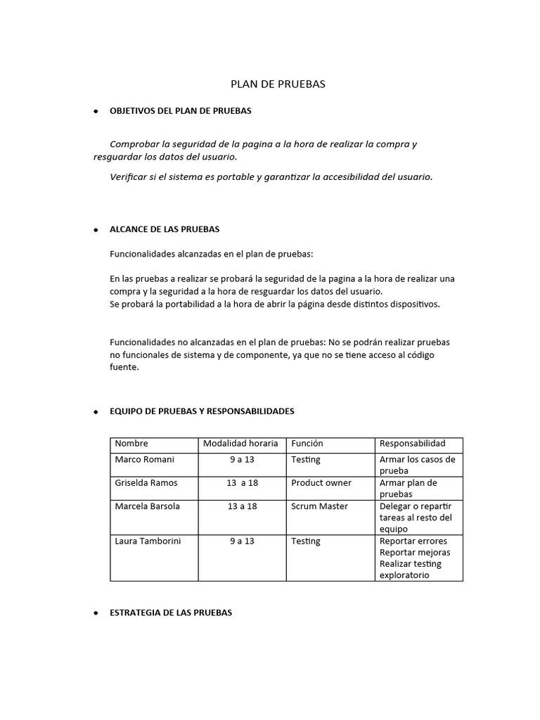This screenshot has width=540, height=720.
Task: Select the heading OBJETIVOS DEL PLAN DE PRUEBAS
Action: pos(181,111)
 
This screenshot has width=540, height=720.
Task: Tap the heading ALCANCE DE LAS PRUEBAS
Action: pos(165,229)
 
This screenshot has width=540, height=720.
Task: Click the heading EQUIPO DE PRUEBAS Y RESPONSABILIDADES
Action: pos(202,411)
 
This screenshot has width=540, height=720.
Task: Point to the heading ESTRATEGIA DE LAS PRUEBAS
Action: pos(171,613)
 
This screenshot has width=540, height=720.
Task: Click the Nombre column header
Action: pos(131,444)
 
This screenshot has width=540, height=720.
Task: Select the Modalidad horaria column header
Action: pos(240,444)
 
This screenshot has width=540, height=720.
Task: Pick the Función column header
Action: pos(307,444)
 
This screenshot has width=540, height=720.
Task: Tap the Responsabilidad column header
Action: pos(412,444)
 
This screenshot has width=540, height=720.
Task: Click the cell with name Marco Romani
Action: pos(144,459)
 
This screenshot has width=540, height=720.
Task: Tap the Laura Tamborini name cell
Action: pos(150,541)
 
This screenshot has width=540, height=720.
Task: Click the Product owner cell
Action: pos(321,483)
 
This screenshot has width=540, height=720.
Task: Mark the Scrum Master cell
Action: pos(319,506)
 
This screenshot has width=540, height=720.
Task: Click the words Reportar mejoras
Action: pos(415,553)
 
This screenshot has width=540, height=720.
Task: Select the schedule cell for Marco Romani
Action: pos(240,459)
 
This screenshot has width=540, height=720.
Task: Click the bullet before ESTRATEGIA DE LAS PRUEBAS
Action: pos(95,614)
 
